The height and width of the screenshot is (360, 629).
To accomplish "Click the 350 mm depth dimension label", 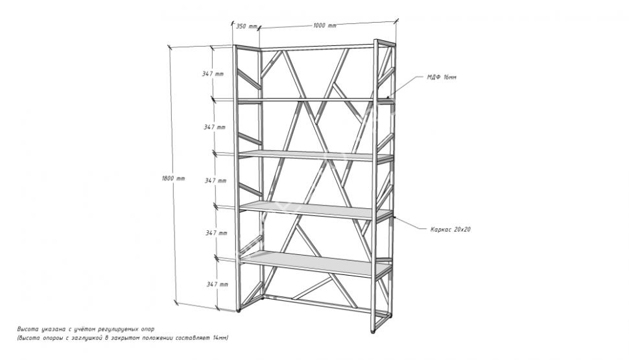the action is (246, 27).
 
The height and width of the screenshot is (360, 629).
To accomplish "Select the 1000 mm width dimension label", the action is (324, 26).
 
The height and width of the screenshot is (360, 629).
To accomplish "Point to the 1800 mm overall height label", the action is (173, 178).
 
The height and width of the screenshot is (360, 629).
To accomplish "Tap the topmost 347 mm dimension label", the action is (213, 74).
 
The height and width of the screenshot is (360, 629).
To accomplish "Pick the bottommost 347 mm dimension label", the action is (217, 284).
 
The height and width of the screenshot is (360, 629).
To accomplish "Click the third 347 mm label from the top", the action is (216, 180).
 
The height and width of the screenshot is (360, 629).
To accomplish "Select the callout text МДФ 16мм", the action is (442, 77).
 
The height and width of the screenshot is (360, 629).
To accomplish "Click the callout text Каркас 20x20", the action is (451, 230).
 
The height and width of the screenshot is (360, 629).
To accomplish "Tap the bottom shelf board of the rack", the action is (315, 263).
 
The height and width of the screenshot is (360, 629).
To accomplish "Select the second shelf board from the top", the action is (316, 156).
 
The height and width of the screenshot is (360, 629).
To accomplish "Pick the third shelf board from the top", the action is (316, 210).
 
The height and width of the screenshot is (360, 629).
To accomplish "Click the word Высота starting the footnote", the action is (27, 330).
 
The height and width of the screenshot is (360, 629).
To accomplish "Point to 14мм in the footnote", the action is (220, 338).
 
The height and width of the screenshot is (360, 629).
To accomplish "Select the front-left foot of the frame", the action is (239, 311).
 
